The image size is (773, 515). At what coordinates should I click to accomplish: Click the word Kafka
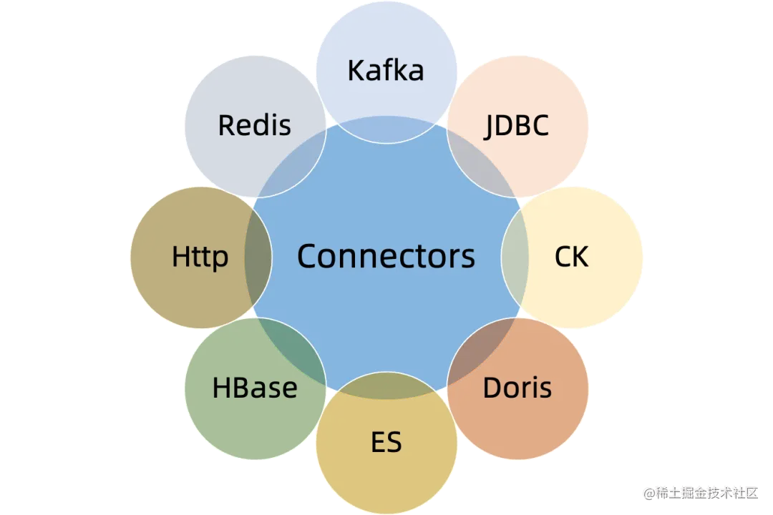pos(386,70)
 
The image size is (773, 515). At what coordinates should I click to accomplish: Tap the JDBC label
pos(517,125)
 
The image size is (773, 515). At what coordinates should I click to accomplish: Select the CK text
pos(571,257)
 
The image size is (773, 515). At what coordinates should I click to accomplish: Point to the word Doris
pos(517,388)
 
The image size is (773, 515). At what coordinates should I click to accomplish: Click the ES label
pos(386,442)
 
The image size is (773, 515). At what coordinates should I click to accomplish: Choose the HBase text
pos(255,388)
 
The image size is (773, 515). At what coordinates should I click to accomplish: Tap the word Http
pos(200,257)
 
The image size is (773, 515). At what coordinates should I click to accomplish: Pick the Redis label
pos(255,125)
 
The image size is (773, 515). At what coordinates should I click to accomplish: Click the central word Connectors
pos(386,256)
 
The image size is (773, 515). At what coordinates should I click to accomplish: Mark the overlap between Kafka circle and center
pos(386,129)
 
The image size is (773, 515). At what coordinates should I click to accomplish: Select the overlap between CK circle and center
pos(515,257)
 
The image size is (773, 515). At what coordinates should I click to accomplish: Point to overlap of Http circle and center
pos(258,257)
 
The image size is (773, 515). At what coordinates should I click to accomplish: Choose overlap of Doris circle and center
pos(478,348)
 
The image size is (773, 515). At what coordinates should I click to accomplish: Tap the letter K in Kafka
pos(356,70)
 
